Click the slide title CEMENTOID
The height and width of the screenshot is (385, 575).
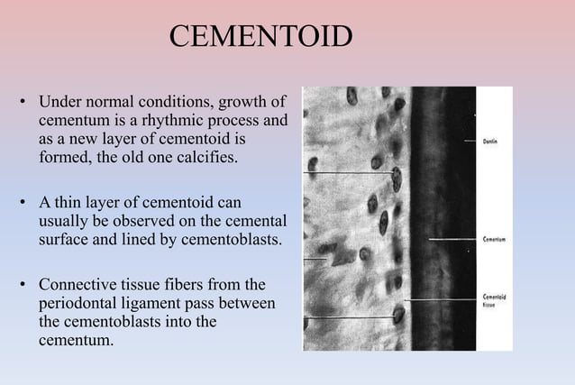coord(260,38)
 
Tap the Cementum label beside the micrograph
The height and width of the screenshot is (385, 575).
coord(494,240)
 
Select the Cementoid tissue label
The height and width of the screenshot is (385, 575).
coord(494,301)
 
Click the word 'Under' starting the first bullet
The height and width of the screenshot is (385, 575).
coord(59,98)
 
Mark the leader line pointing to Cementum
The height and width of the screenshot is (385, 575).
coord(455,240)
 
